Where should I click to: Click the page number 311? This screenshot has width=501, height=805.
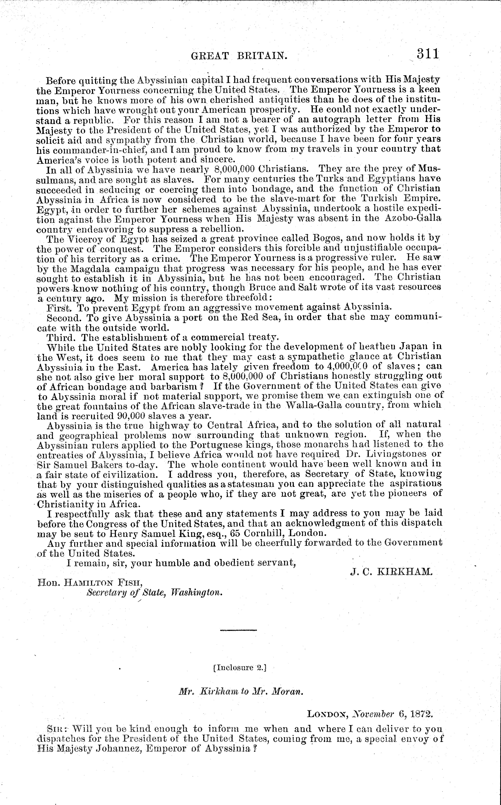point(428,54)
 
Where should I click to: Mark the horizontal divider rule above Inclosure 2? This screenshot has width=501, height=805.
point(238,630)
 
